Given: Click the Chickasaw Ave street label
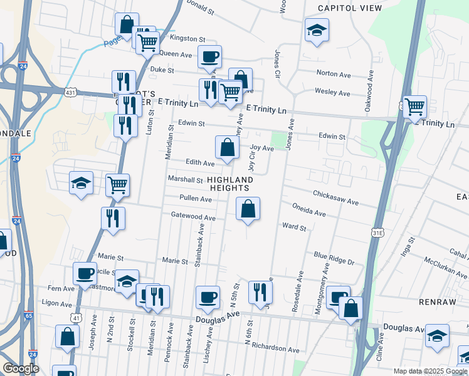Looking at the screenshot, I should (x=335, y=198).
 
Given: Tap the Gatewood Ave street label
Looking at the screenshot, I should (x=193, y=216).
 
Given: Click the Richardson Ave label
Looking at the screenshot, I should (x=276, y=348).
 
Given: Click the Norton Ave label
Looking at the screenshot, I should (x=334, y=74).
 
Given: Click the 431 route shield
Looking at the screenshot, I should (x=71, y=92).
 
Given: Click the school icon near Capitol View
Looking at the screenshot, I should (x=317, y=29).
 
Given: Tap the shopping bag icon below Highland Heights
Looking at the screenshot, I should (x=248, y=209).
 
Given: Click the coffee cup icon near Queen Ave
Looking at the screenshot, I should (x=209, y=57).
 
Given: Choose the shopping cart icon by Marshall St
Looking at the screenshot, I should (x=117, y=185).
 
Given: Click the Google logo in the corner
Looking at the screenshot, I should (x=21, y=368).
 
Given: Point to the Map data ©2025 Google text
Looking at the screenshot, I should (x=429, y=371).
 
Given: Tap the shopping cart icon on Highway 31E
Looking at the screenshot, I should (x=414, y=107).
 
